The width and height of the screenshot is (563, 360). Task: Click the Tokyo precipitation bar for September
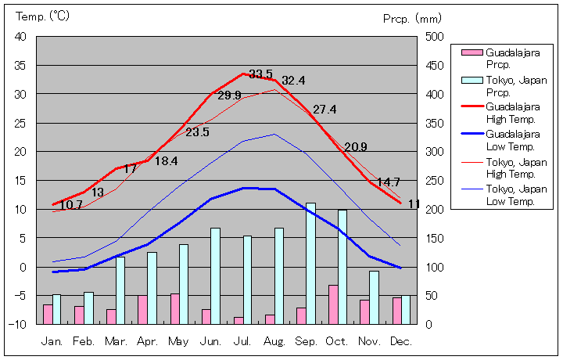(x=311, y=263)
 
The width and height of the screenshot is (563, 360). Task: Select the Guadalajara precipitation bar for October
(x=333, y=304)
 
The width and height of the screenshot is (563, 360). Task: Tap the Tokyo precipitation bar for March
(x=121, y=290)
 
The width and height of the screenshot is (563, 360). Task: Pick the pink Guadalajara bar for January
(x=48, y=314)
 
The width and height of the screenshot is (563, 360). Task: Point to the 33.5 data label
(x=260, y=74)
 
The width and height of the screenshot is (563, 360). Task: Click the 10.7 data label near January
(x=71, y=205)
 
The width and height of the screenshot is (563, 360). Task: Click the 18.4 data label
(x=166, y=161)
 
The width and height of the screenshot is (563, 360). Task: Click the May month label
(x=178, y=342)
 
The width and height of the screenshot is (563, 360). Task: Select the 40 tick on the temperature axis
(x=20, y=37)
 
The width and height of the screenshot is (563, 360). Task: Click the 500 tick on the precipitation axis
(x=434, y=37)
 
